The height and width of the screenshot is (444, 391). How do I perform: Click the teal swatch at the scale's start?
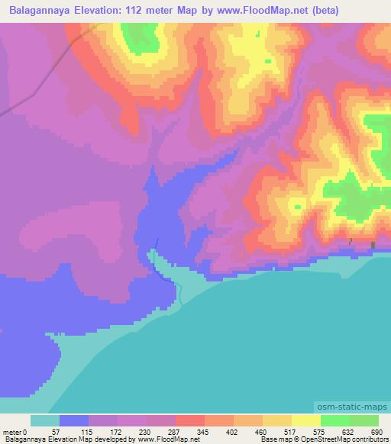(x=45, y=420)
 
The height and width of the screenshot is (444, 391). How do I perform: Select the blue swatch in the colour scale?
(x=74, y=420)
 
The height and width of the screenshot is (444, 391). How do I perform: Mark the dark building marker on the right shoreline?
(x=373, y=245)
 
